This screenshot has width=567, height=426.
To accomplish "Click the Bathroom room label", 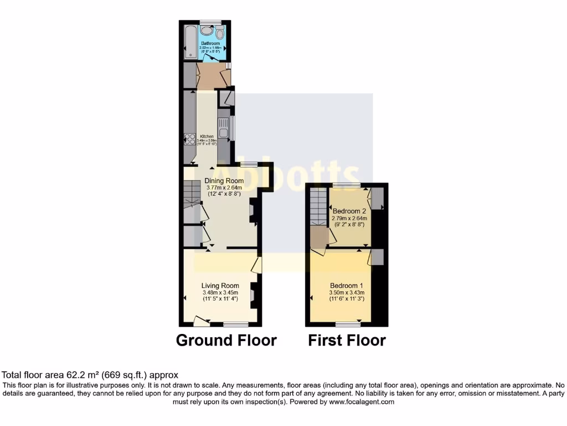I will pyautogui.click(x=210, y=43).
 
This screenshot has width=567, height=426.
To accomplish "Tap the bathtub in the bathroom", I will pyautogui.click(x=189, y=40).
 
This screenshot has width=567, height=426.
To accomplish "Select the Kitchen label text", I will pyautogui.click(x=207, y=136).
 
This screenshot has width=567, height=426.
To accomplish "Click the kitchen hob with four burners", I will pyautogui.click(x=189, y=140).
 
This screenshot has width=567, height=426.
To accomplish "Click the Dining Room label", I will pyautogui.click(x=224, y=181).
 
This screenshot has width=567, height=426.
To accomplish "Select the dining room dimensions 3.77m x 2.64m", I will pyautogui.click(x=224, y=187).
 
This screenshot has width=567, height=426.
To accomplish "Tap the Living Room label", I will pyautogui.click(x=220, y=286).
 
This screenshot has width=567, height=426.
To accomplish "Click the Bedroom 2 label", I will pyautogui.click(x=349, y=211).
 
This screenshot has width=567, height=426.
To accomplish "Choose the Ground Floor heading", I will pyautogui.click(x=226, y=340).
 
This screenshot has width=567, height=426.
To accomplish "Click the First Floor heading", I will pyautogui.click(x=347, y=340).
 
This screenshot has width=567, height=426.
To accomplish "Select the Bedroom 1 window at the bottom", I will pyautogui.click(x=348, y=324).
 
